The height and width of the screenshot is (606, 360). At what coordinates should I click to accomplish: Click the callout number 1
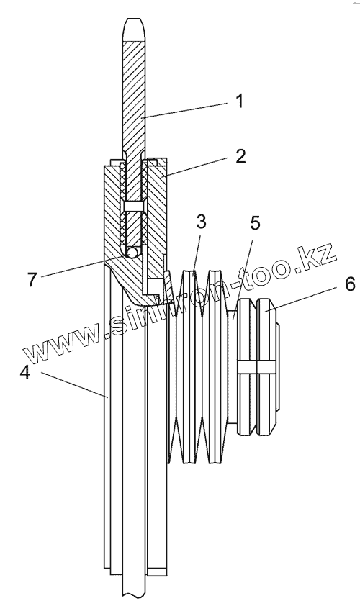tap(240, 101)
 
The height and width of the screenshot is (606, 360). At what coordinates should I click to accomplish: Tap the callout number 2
tap(240, 157)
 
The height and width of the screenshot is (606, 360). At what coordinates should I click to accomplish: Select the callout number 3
tap(201, 222)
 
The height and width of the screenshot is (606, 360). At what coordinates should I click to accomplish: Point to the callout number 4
tap(25, 373)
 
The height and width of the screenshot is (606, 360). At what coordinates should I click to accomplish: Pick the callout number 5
tap(255, 222)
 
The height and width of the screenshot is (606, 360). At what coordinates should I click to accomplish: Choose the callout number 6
tap(349, 285)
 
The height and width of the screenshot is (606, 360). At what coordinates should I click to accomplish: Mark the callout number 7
tap(32, 279)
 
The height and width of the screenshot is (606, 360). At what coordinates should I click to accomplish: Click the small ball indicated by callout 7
tap(132, 253)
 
